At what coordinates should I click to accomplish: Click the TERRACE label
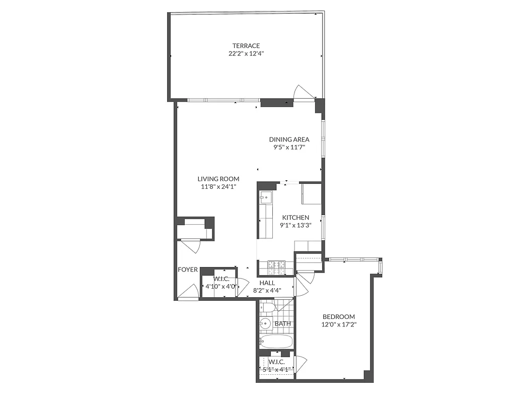pyautogui.click(x=246, y=46)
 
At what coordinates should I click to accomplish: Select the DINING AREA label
pyautogui.click(x=289, y=140)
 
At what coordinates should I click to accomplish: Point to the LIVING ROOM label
pyautogui.click(x=218, y=179)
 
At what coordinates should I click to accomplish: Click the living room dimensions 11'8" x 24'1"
pyautogui.click(x=218, y=186)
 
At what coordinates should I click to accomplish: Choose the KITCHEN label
pyautogui.click(x=296, y=218)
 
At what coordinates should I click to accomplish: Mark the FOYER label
pyautogui.click(x=188, y=270)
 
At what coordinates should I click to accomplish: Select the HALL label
pyautogui.click(x=267, y=283)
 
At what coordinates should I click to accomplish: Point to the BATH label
pyautogui.click(x=282, y=323)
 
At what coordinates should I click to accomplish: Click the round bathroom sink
pyautogui.click(x=265, y=324)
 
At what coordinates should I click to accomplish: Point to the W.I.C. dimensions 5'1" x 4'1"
pyautogui.click(x=276, y=370)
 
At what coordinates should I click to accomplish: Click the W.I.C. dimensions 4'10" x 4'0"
pyautogui.click(x=221, y=287)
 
